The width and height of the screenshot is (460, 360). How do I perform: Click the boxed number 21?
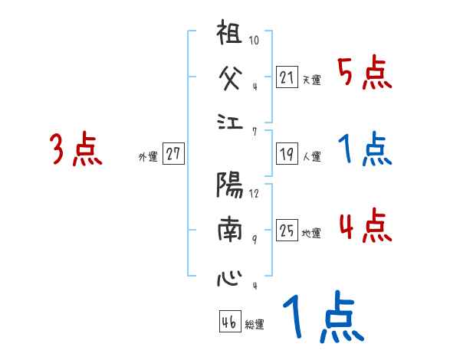pos(287,77)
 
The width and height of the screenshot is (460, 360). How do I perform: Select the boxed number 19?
pos(287,154)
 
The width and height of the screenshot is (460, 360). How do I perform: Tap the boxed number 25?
pos(287,230)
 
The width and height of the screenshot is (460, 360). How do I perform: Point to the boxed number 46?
pos(228,322)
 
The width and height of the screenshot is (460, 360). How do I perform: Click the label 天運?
pos(311,80)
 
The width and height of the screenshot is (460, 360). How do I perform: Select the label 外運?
pos(148,156)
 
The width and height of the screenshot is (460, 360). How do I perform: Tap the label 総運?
pos(254,325)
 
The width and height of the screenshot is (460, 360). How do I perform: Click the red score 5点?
pos(364,74)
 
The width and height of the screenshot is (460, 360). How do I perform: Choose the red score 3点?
pos(76,150)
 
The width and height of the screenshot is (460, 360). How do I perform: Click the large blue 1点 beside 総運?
pos(322,319)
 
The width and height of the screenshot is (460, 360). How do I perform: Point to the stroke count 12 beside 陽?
pos(255,194)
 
